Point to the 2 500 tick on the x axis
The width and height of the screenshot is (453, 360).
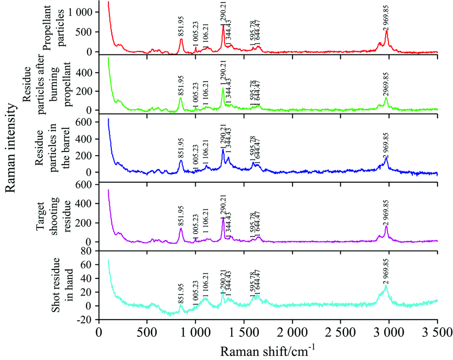pos(340,333)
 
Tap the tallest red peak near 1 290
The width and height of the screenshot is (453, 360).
pos(223,25)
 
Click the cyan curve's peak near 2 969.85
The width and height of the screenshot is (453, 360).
pos(387,286)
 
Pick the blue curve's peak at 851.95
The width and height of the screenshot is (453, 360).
pos(181,161)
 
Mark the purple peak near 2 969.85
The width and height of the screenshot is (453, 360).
pos(387,226)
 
